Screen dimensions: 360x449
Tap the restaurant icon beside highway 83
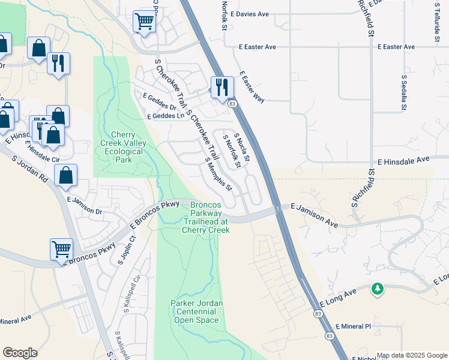[221, 86]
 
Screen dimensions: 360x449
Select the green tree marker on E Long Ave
[377, 289]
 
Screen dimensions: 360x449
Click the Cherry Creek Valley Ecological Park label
[126, 148]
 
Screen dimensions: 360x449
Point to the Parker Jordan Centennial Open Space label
[197, 311]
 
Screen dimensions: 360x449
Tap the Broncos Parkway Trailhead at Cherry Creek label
[206, 217]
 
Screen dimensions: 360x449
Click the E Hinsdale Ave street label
[404, 161]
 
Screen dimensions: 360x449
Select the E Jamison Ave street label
[315, 214]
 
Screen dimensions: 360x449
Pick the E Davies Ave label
[249, 13]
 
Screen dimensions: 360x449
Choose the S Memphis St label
[218, 174]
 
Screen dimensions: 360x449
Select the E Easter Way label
[252, 87]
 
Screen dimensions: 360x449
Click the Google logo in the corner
[20, 352]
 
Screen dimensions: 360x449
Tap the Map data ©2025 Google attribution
[412, 355]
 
